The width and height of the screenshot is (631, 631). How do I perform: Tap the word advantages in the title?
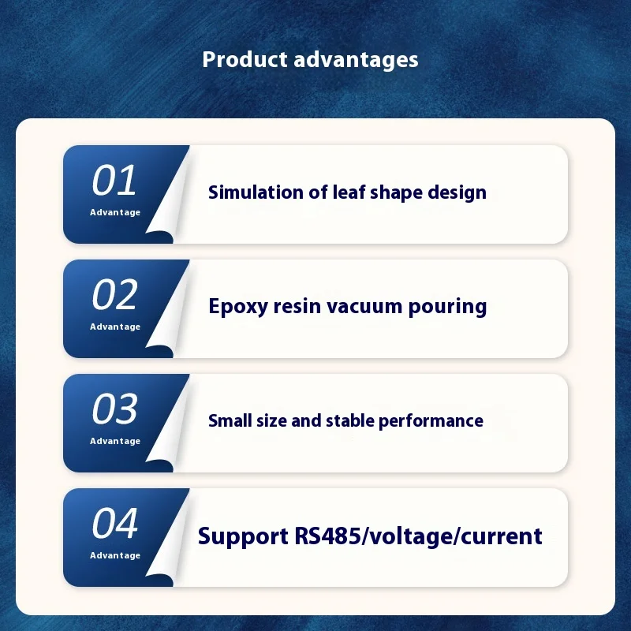coord(357,61)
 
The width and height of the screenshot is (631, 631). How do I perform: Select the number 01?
coord(114,180)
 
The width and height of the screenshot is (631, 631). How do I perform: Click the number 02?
coord(114,294)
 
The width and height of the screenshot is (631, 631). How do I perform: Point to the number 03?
coord(114,409)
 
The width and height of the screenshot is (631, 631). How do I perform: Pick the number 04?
coord(115,523)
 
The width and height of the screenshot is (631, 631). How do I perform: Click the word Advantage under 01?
coord(115,212)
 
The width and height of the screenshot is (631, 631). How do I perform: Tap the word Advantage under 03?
coord(115,441)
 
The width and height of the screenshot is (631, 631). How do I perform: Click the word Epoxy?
coord(238,308)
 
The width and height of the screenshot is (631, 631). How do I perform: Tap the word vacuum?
coord(364,307)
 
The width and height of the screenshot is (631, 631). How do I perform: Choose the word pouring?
coord(447,308)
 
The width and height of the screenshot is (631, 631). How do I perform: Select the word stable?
coord(350,420)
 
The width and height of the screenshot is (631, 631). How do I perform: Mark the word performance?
coord(431,421)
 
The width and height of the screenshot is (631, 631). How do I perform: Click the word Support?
coord(243,537)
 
